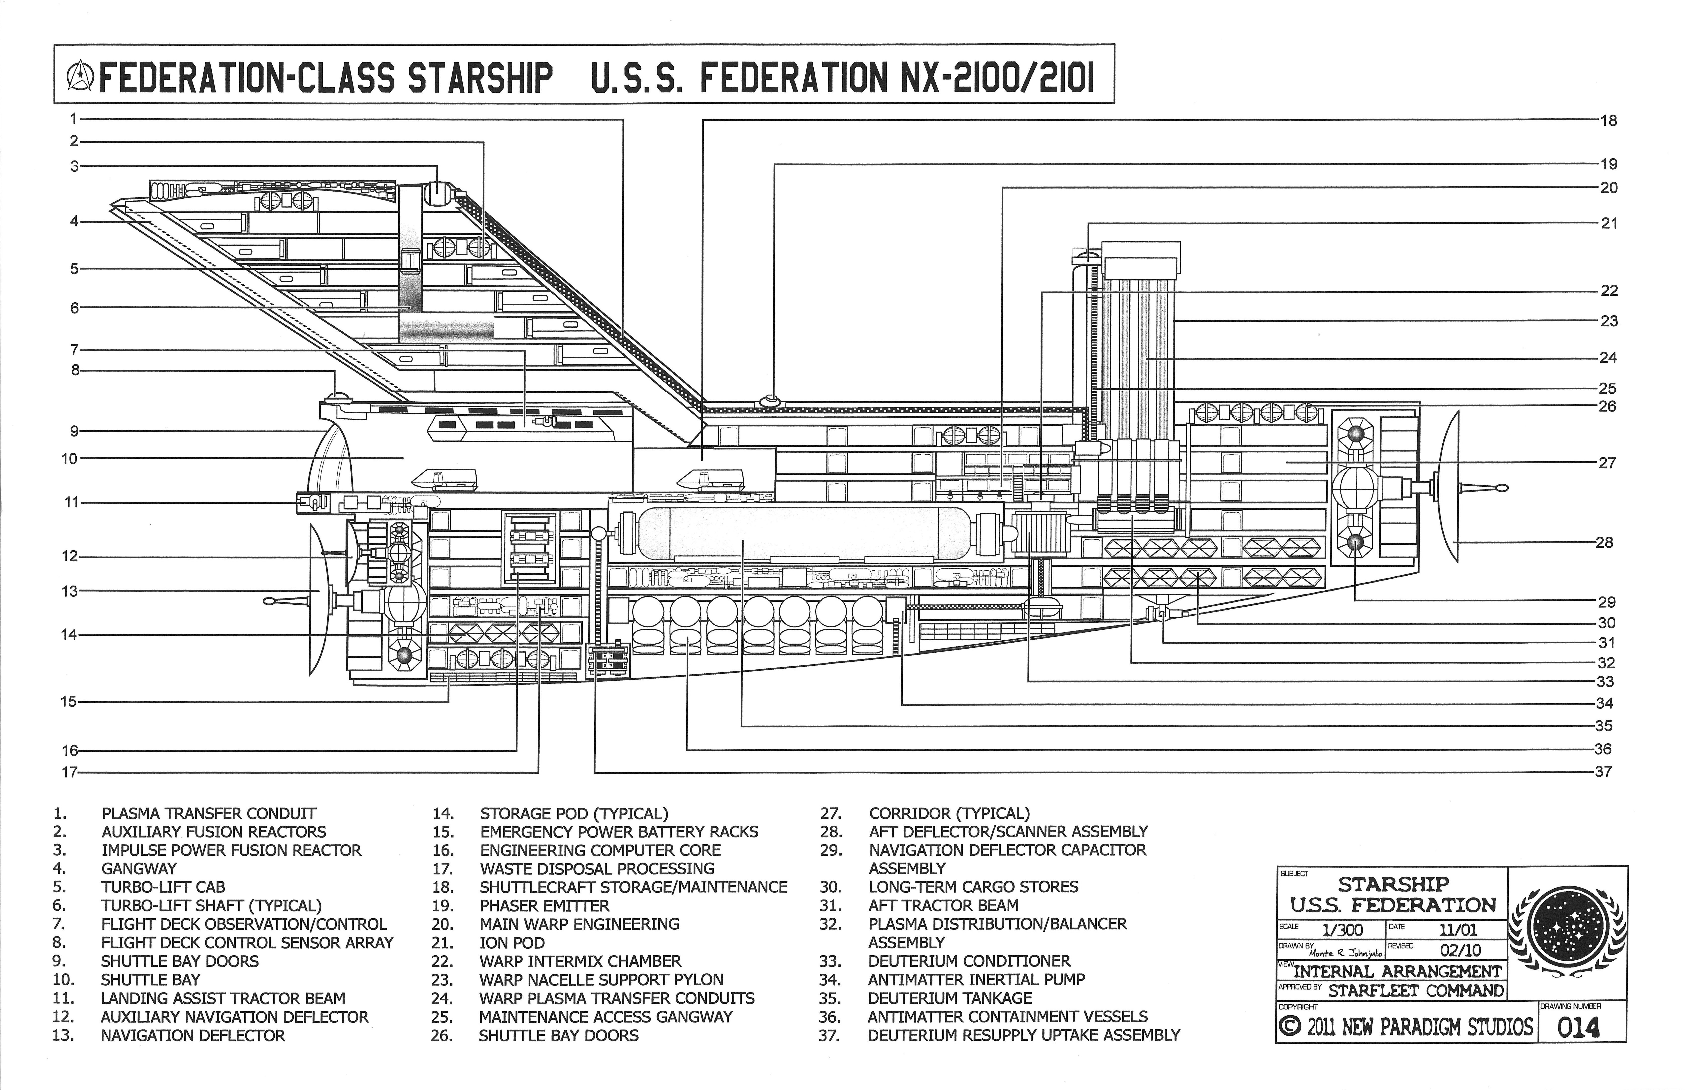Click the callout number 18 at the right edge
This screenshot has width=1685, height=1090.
[x=1609, y=121]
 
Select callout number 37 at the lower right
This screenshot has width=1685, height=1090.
[x=1604, y=772]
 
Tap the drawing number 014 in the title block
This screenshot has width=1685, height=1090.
[x=1578, y=1026]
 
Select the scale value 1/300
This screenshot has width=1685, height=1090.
[x=1342, y=929]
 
